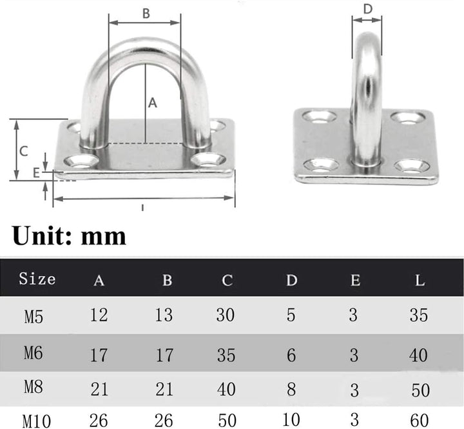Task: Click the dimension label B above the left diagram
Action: click(x=146, y=14)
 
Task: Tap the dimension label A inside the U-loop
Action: click(x=153, y=103)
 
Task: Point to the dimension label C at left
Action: click(x=24, y=151)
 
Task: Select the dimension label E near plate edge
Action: click(x=36, y=173)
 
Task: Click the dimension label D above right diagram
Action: click(x=367, y=9)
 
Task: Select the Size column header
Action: click(x=37, y=279)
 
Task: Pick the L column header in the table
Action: click(x=420, y=280)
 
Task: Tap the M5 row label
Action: click(x=34, y=317)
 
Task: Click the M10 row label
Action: click(x=37, y=421)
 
